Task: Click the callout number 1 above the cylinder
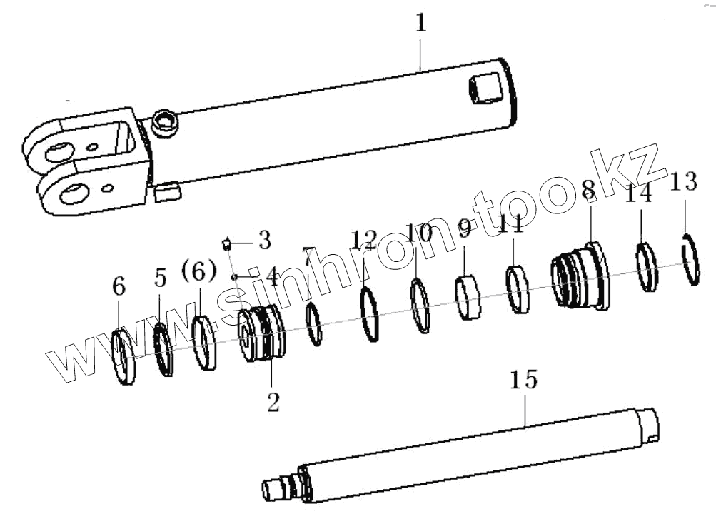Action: click(420, 24)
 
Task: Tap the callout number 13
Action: click(683, 183)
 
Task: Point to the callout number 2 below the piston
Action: click(273, 401)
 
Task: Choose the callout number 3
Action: click(264, 240)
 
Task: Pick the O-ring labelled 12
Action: click(368, 315)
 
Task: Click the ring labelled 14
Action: click(646, 267)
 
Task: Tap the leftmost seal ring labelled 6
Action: click(124, 356)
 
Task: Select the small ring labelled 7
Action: click(313, 324)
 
